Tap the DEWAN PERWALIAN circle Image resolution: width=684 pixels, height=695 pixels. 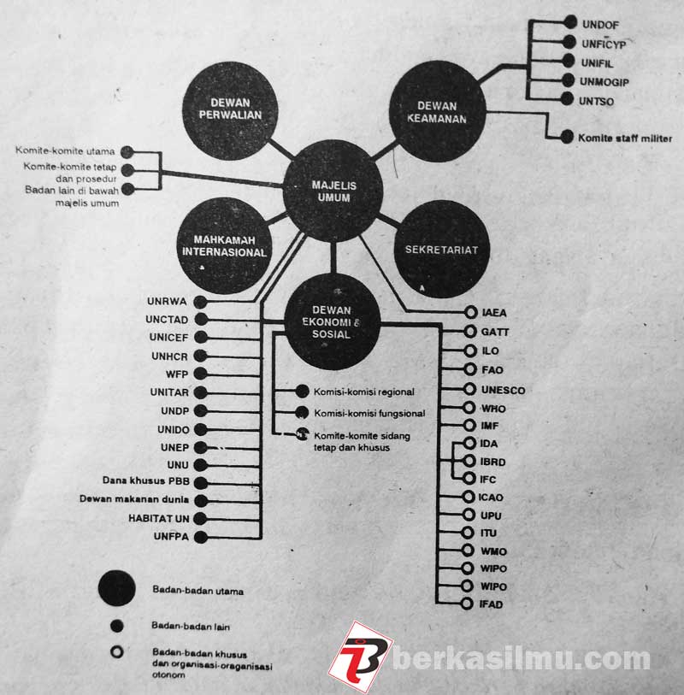pyautogui.click(x=224, y=109)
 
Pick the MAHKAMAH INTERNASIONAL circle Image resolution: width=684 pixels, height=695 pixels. pyautogui.click(x=224, y=245)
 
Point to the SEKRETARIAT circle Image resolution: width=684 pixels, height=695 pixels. pyautogui.click(x=440, y=249)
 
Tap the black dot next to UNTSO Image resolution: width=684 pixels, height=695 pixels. pyautogui.click(x=571, y=100)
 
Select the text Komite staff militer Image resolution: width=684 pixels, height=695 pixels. pyautogui.click(x=624, y=138)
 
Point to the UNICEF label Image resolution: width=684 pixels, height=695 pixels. pyautogui.click(x=166, y=338)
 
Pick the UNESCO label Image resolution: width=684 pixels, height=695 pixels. pyautogui.click(x=503, y=390)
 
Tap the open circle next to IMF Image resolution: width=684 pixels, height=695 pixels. pyautogui.click(x=468, y=426)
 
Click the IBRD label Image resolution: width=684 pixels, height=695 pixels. pyautogui.click(x=494, y=462)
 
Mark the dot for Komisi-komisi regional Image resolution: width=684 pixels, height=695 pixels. pyautogui.click(x=301, y=392)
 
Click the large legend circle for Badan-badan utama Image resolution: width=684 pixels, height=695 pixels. pyautogui.click(x=116, y=589)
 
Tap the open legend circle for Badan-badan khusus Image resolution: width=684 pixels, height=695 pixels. pyautogui.click(x=116, y=651)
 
